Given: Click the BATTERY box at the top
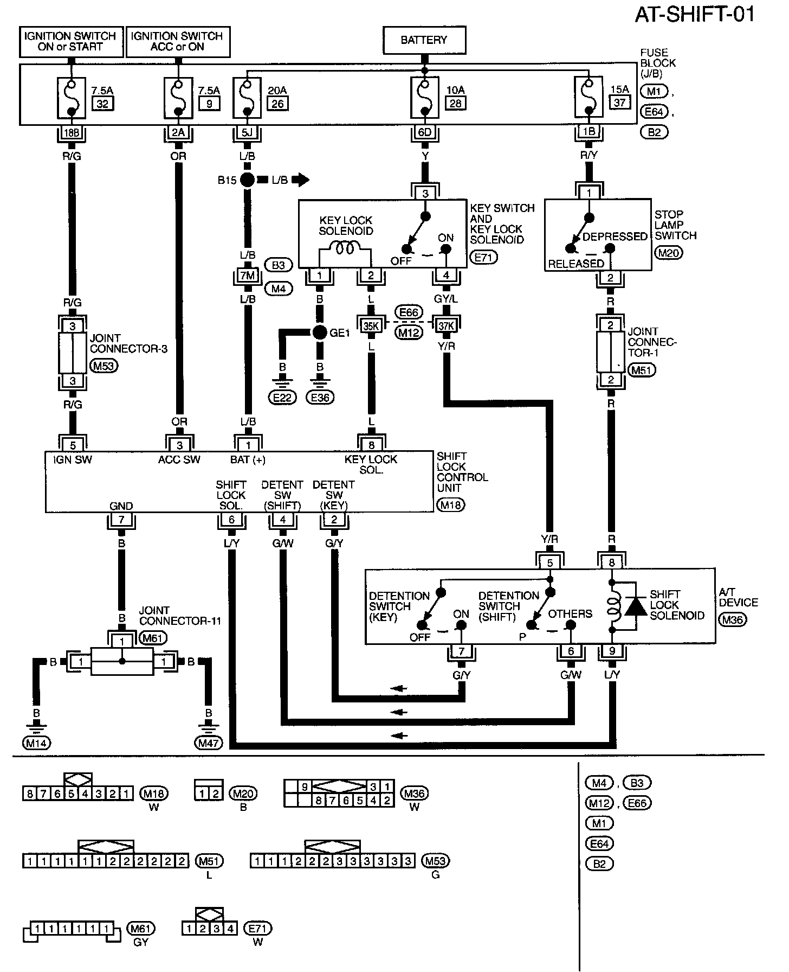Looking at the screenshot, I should [424, 40].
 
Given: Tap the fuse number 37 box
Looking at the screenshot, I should [619, 103].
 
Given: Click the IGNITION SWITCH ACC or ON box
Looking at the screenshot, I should [177, 41].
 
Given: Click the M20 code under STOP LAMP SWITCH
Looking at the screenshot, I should [669, 252].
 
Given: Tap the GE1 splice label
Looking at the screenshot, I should [340, 333].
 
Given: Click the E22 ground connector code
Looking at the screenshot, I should [282, 398].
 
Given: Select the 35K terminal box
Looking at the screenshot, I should [371, 325].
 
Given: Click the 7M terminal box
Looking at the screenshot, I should [247, 276].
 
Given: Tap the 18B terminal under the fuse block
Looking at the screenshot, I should [71, 133].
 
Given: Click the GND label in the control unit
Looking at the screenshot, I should [121, 506].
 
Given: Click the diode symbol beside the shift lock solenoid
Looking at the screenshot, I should [635, 607].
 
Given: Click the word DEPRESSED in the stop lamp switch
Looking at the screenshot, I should [615, 236].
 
